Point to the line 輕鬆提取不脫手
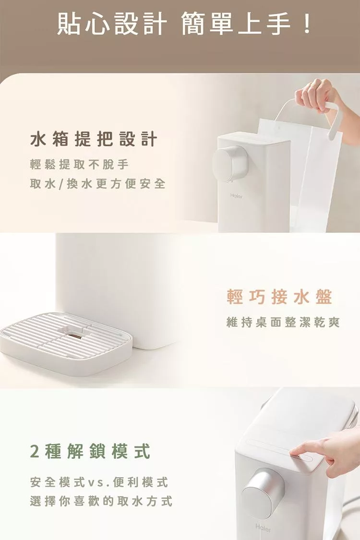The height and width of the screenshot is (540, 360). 80,165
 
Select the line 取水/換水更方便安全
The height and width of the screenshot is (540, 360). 98,183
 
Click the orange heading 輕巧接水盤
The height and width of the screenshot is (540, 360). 279,297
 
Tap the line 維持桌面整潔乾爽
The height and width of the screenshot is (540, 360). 283,323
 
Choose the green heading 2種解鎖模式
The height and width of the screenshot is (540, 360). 90,451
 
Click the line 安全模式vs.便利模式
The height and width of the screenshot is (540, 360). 99,482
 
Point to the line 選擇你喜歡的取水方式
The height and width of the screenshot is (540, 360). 101,501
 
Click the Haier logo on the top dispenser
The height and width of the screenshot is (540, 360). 236,196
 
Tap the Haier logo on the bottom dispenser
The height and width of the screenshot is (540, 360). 263,528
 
